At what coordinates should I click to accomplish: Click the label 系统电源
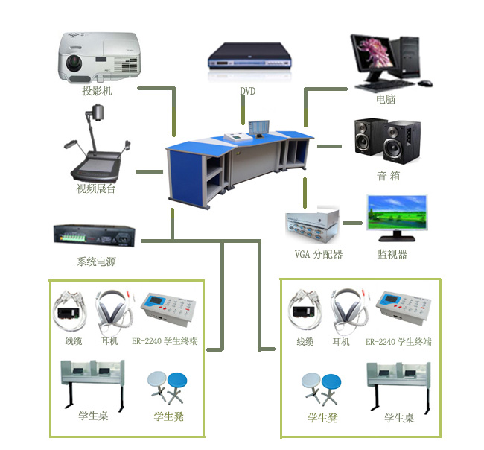click(97, 262)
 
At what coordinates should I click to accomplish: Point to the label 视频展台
click(97, 188)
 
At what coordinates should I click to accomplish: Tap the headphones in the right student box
click(349, 311)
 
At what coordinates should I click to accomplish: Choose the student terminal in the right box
click(404, 308)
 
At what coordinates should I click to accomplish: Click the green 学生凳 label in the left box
click(169, 416)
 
